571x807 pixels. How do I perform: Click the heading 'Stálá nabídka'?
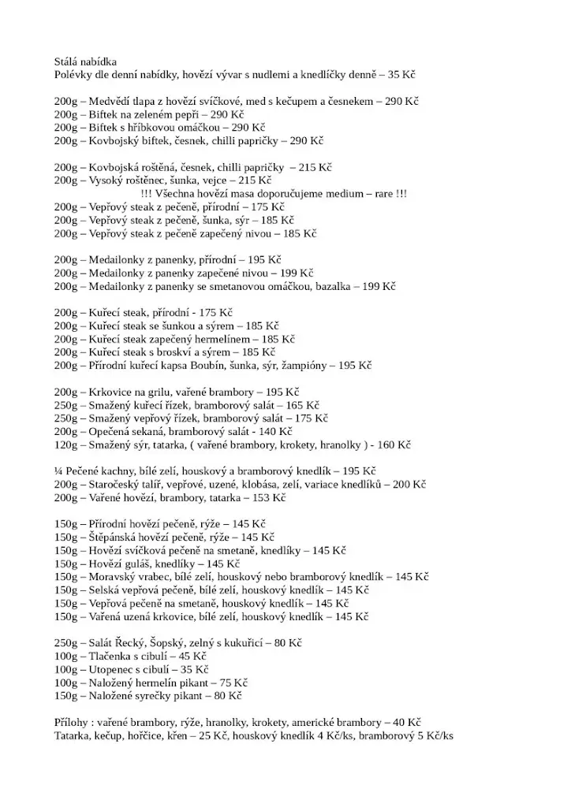click(86, 61)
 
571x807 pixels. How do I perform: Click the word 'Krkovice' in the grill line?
click(111, 392)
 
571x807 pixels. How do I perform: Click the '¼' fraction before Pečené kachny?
click(58, 471)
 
